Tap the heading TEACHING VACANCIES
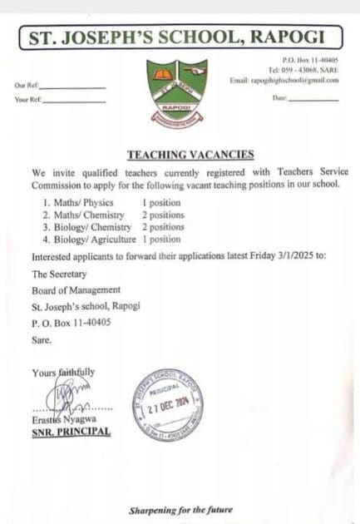[x=178, y=155]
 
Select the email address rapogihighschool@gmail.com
[x=284, y=80]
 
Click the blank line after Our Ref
[x=73, y=87]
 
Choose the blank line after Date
[x=313, y=100]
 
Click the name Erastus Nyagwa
[x=60, y=421]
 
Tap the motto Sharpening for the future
[x=180, y=509]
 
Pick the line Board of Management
[x=76, y=289]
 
